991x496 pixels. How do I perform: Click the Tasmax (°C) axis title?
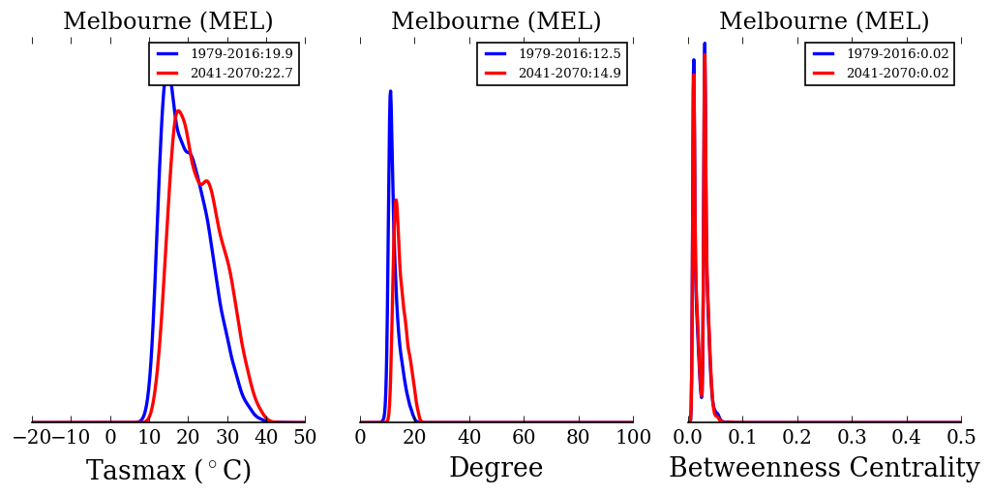(x=168, y=471)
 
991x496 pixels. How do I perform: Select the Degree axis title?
(x=495, y=469)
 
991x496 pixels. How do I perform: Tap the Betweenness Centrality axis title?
(x=824, y=469)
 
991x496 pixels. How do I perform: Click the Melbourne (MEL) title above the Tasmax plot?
(x=168, y=22)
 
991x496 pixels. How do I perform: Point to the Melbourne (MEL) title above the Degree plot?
(x=495, y=22)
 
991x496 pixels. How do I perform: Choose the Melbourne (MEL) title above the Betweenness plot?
(x=824, y=22)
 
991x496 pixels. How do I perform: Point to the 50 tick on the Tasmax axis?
(x=305, y=438)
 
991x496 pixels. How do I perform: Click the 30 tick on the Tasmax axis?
(x=227, y=438)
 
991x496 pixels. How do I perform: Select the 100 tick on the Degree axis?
(x=633, y=438)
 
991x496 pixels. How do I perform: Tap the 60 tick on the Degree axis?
(x=524, y=438)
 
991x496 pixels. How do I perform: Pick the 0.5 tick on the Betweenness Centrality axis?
(x=961, y=438)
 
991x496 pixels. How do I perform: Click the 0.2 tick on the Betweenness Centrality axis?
(x=797, y=438)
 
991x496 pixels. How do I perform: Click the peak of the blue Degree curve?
(x=390, y=91)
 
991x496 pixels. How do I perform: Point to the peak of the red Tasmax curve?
(x=178, y=110)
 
